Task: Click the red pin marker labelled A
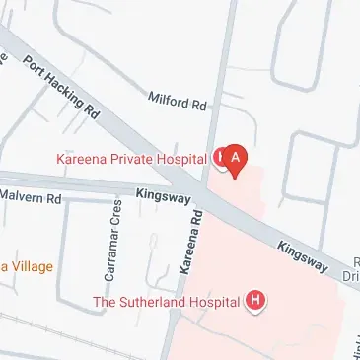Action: tap(235, 158)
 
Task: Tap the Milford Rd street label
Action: tap(177, 102)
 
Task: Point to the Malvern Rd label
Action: tap(31, 197)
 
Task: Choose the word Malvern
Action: tap(23, 197)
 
